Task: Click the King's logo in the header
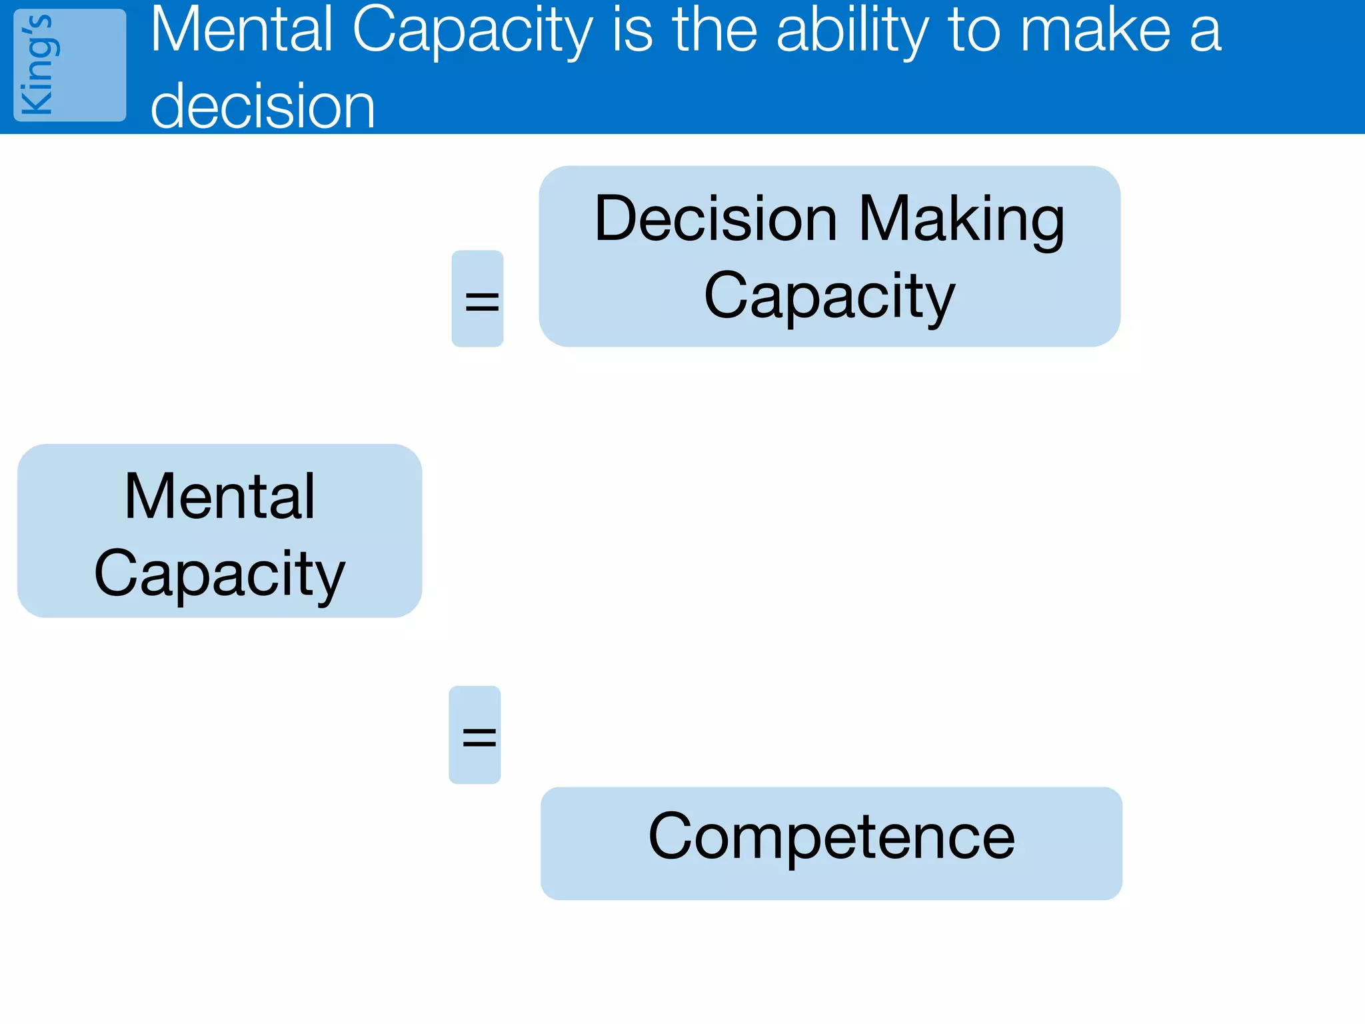click(x=69, y=65)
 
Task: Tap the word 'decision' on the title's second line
click(x=263, y=107)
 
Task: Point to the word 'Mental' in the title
click(x=241, y=30)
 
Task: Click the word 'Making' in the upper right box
click(x=962, y=220)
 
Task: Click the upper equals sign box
click(x=478, y=299)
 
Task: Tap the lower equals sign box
click(x=475, y=735)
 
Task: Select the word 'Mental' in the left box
click(x=219, y=496)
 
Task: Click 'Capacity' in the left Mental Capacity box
click(x=219, y=574)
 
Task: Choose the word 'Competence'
click(x=831, y=837)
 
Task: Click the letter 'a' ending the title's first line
click(x=1205, y=32)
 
